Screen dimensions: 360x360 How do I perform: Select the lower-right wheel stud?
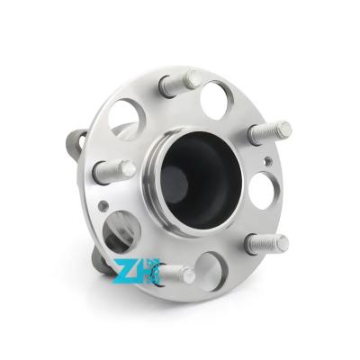pyautogui.click(x=266, y=243)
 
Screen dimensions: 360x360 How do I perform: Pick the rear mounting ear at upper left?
pyautogui.click(x=76, y=142)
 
